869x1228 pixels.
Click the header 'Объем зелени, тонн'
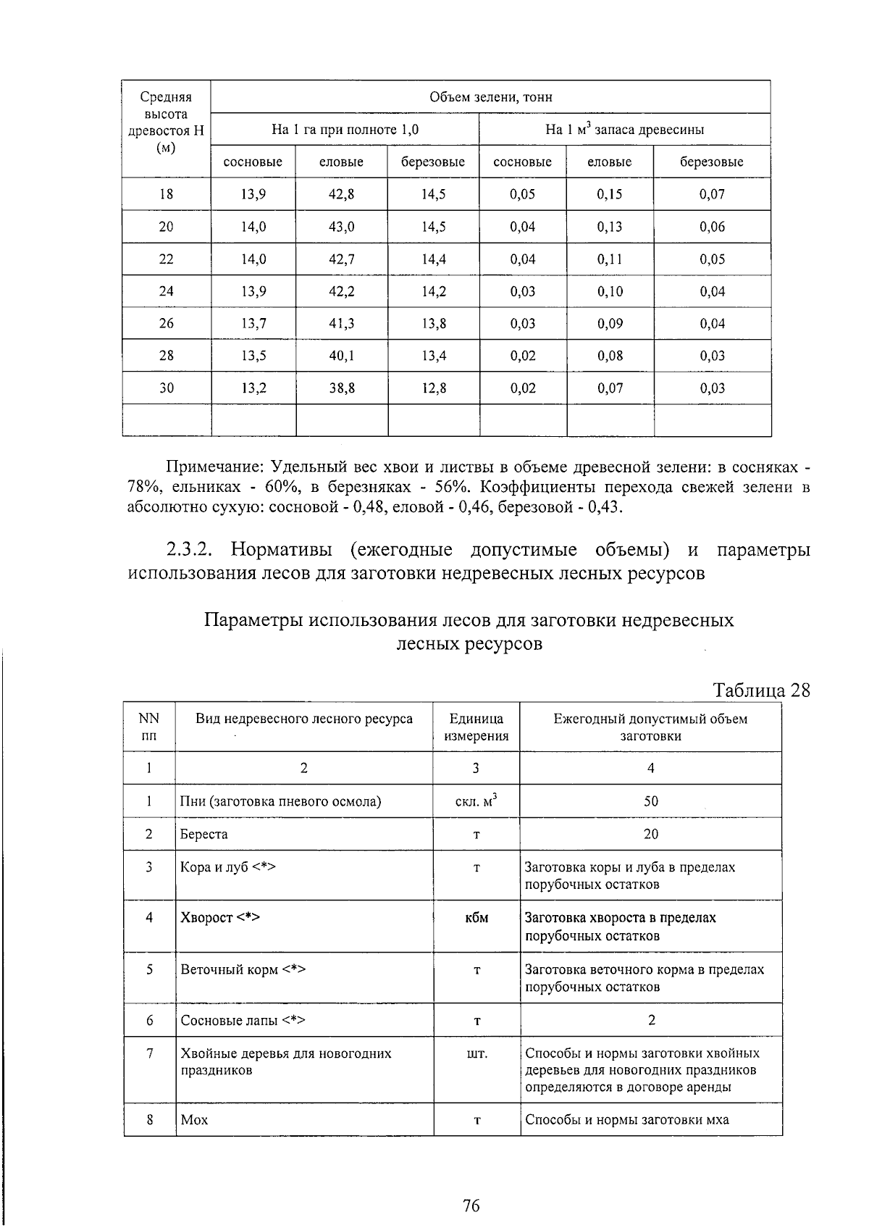[490, 97]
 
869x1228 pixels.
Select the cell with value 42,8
[341, 194]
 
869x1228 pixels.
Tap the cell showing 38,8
[341, 388]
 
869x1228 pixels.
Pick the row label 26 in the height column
[167, 323]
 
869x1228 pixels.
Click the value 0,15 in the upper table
[610, 194]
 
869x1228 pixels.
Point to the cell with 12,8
[434, 388]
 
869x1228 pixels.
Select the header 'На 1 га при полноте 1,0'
[345, 130]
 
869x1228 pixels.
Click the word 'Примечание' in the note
[207, 467]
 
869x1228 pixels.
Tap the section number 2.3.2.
[189, 550]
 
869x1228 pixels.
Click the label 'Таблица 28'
[761, 689]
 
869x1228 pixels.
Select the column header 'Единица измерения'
[476, 727]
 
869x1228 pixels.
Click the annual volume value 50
[650, 801]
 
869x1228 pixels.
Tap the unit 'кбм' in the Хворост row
[477, 918]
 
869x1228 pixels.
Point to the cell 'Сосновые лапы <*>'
[243, 1020]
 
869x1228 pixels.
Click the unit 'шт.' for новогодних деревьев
[477, 1053]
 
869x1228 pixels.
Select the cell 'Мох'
[194, 1120]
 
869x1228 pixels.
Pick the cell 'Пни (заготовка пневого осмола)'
[280, 801]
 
